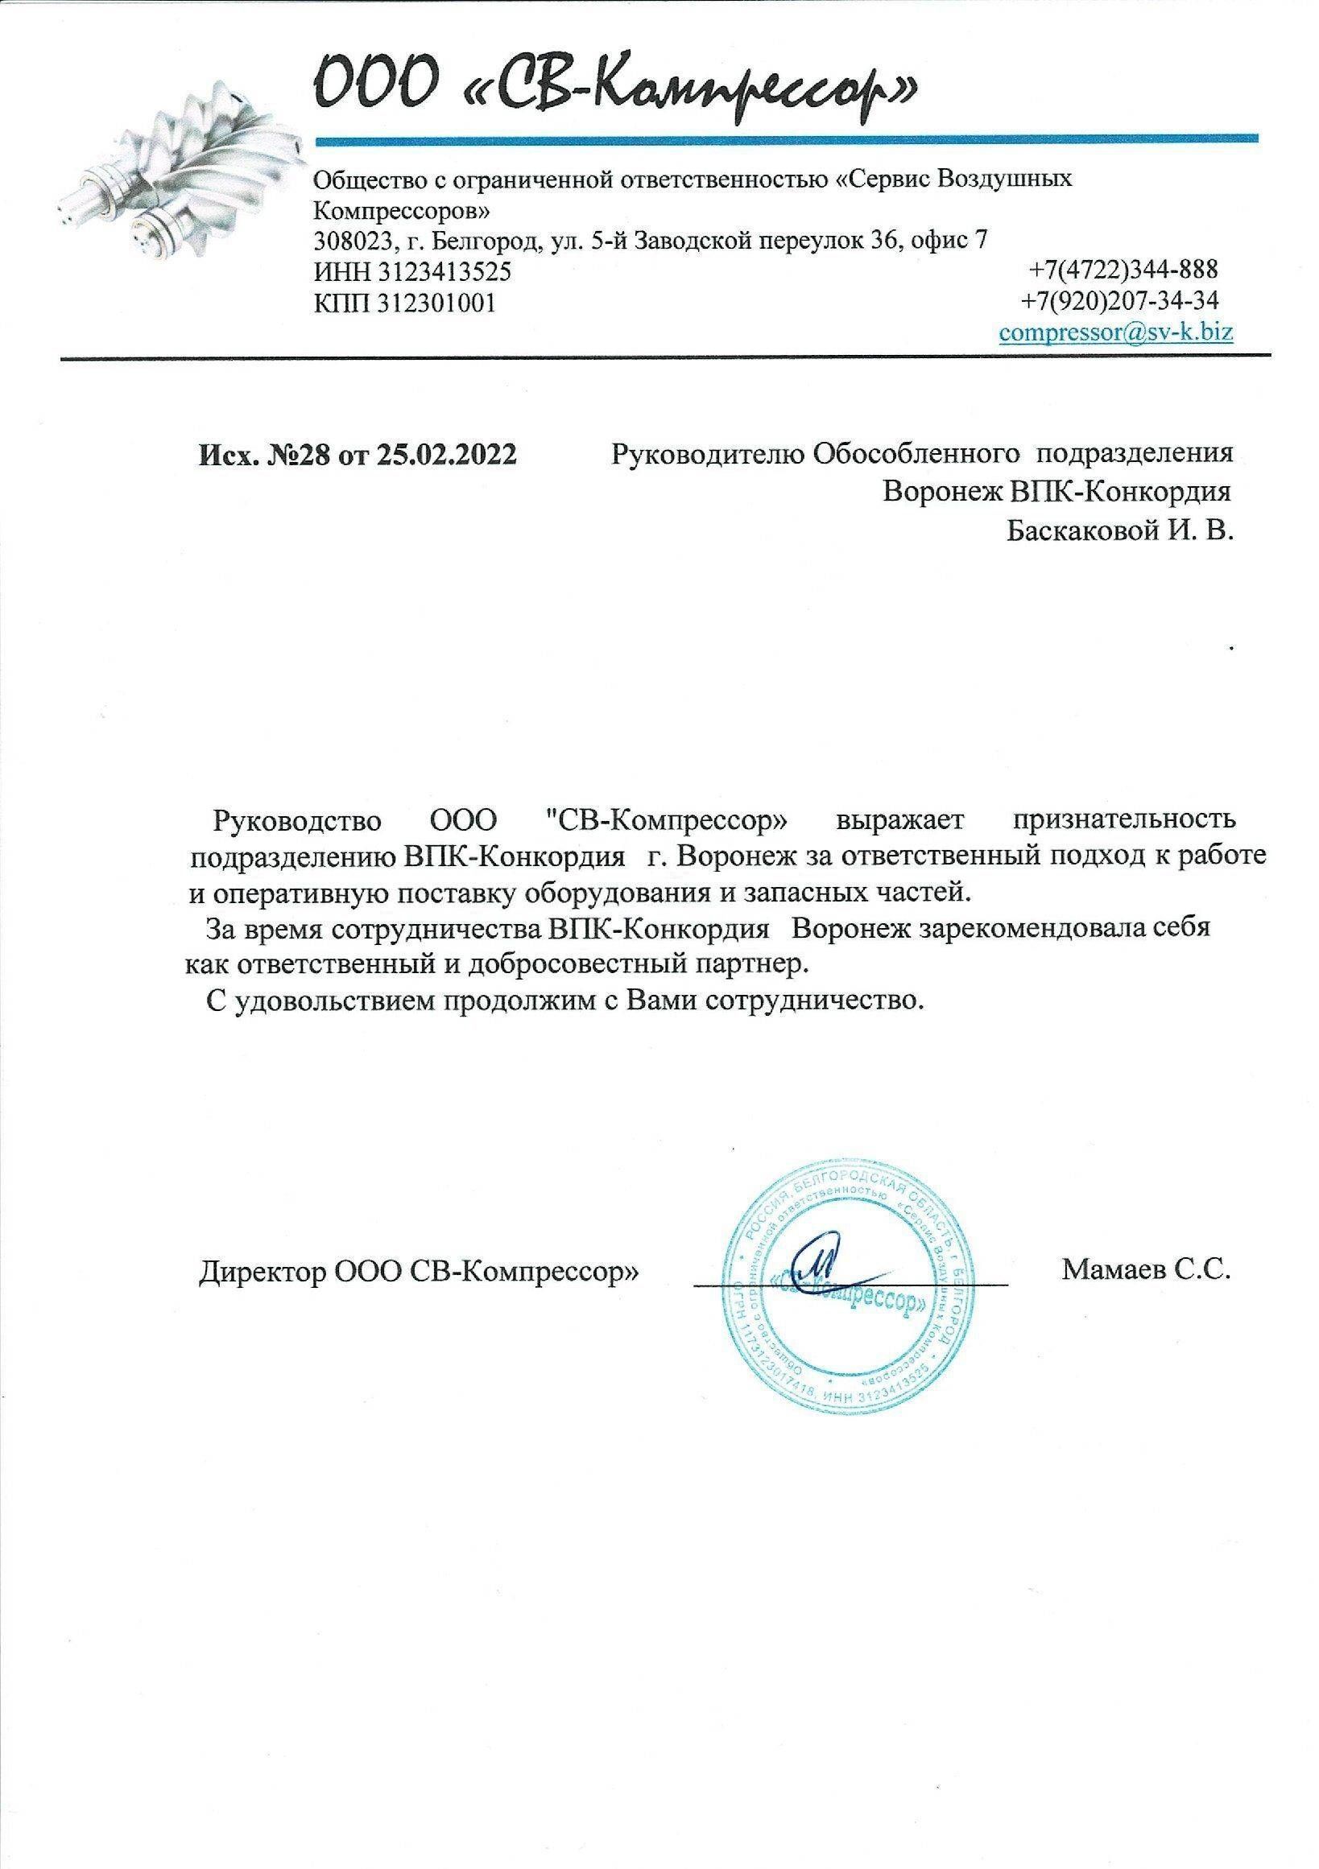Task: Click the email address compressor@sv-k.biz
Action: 1115,332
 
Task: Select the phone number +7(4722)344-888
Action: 1123,268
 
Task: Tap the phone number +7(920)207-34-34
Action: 1120,301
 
